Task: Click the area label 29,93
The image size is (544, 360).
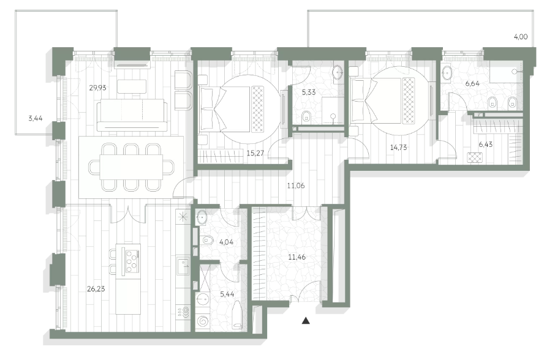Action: (x=97, y=88)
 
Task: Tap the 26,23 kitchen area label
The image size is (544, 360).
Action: (x=96, y=289)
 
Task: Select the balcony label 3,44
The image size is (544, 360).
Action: (x=36, y=119)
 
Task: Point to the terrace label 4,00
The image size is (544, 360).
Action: (x=521, y=37)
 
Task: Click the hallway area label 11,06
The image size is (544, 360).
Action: (x=296, y=186)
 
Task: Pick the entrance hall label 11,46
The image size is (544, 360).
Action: (x=297, y=257)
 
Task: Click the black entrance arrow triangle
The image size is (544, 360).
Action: (x=306, y=321)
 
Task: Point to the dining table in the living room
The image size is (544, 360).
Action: (x=131, y=167)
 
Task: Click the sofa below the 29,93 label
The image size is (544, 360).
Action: (x=132, y=115)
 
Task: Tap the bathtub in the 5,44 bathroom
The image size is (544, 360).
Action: (x=237, y=314)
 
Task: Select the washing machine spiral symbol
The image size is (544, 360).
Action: (x=202, y=321)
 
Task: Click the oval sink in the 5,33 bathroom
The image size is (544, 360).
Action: (x=337, y=73)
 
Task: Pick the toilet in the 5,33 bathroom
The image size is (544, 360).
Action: (x=306, y=116)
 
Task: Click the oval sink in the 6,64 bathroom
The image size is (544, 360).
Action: (x=447, y=74)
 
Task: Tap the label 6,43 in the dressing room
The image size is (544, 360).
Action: (x=485, y=144)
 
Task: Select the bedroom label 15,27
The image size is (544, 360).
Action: (x=255, y=153)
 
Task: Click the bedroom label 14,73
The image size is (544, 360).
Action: (x=398, y=148)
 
